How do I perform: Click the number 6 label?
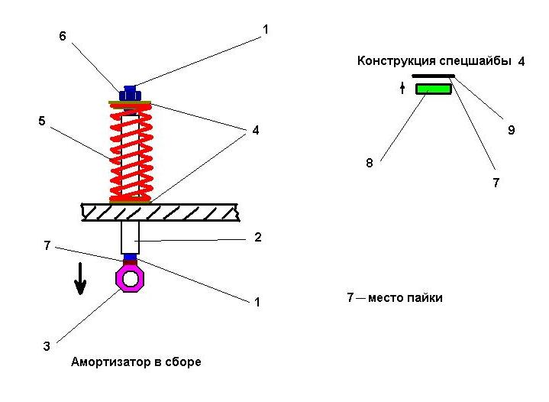pyautogui.click(x=63, y=36)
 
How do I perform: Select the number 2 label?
pyautogui.click(x=257, y=238)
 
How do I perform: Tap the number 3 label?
pyautogui.click(x=47, y=346)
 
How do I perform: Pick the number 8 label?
pyautogui.click(x=370, y=163)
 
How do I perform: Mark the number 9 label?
pyautogui.click(x=512, y=131)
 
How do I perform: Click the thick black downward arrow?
pyautogui.click(x=80, y=279)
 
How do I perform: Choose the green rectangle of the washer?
pyautogui.click(x=434, y=89)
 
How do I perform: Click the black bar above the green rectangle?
pyautogui.click(x=433, y=76)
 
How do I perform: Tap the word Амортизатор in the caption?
pyautogui.click(x=108, y=362)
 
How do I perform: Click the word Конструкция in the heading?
pyautogui.click(x=396, y=61)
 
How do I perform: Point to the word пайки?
pyautogui.click(x=427, y=298)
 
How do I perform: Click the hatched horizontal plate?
pyautogui.click(x=160, y=212)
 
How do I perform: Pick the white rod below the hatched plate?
pyautogui.click(x=130, y=238)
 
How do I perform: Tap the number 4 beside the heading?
pyautogui.click(x=522, y=61)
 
